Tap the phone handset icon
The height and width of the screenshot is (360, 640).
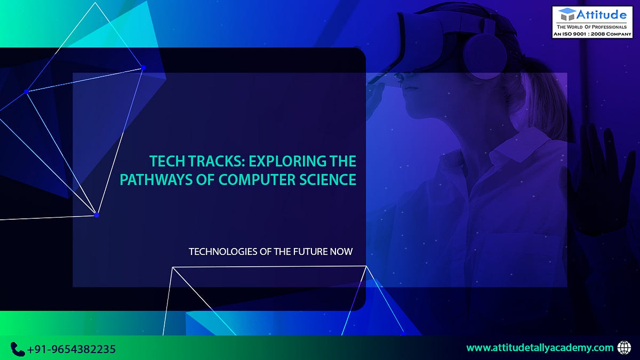click(x=18, y=349)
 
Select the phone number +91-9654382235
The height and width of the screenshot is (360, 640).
click(x=71, y=349)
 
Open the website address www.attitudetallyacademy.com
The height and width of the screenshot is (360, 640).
click(x=540, y=348)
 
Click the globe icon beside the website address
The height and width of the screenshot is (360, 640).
click(x=623, y=348)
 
